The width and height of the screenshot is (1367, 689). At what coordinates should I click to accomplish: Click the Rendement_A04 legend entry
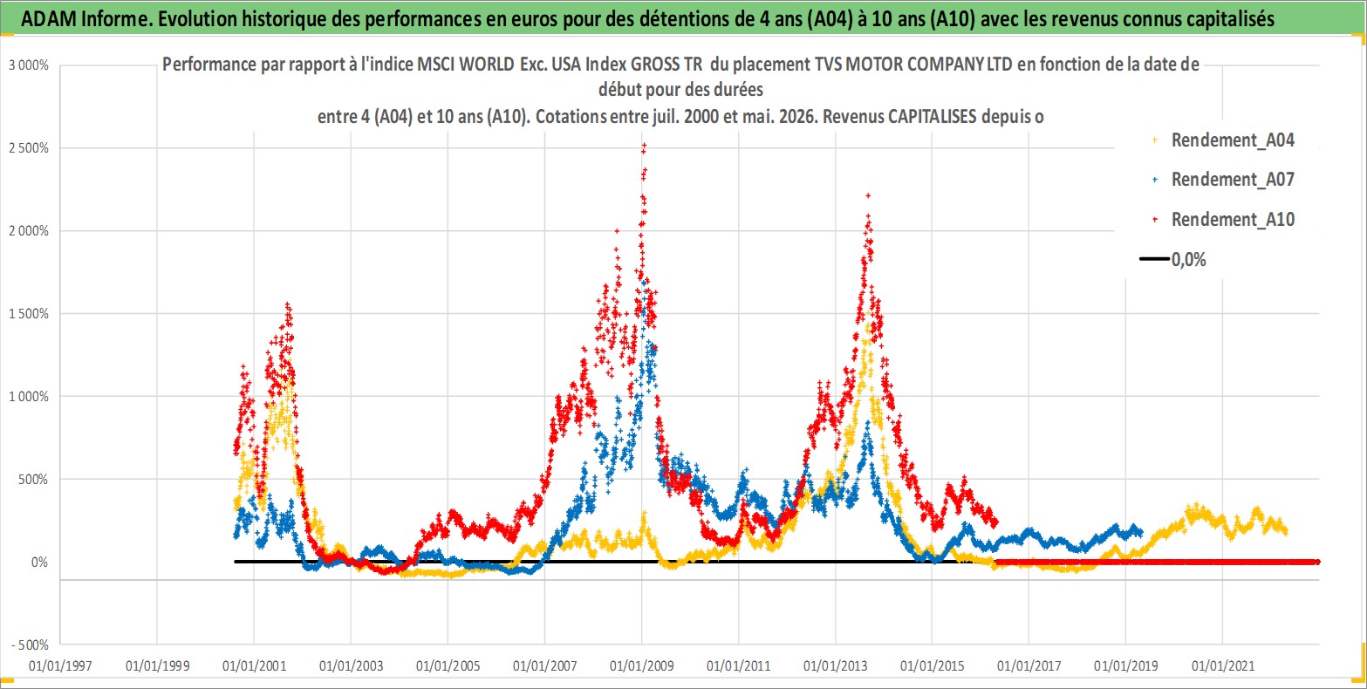[1223, 140]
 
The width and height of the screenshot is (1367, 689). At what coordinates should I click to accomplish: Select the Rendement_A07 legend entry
[1223, 180]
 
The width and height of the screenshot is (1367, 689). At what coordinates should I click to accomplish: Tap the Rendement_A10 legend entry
[1223, 219]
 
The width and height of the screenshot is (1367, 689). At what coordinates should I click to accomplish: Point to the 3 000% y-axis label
[28, 65]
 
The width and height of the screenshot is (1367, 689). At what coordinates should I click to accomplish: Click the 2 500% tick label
[28, 148]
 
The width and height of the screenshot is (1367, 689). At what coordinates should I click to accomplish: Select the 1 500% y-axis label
[28, 314]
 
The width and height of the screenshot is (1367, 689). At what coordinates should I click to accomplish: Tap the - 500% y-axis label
[30, 645]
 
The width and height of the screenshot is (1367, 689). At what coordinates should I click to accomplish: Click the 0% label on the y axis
[39, 562]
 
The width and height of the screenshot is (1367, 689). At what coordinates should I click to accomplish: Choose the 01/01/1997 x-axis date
[60, 665]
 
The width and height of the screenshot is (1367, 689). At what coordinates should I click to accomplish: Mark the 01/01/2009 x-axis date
[642, 665]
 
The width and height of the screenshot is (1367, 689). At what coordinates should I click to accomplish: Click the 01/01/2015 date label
[933, 665]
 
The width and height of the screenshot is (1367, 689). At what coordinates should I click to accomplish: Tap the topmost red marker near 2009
[644, 146]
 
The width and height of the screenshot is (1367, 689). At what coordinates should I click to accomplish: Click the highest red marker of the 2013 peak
[868, 196]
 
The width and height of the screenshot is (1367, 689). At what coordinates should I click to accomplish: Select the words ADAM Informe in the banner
[85, 19]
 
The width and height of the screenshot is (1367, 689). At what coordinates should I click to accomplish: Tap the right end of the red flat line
[1318, 562]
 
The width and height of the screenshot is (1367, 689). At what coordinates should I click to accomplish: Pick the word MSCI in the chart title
[435, 64]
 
